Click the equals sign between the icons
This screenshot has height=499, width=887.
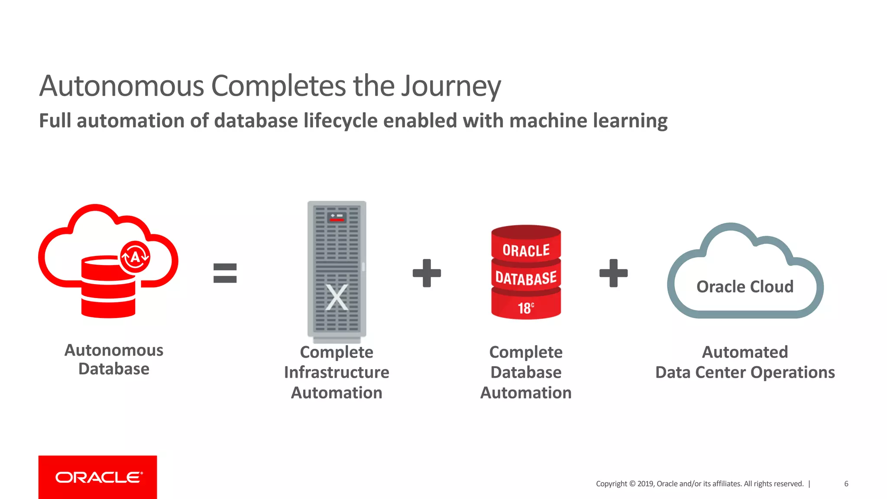click(225, 273)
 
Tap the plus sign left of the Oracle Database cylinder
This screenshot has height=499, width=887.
click(427, 273)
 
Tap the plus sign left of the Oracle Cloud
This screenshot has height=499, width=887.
click(613, 273)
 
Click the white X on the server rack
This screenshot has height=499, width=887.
click(337, 297)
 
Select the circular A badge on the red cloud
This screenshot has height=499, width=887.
click(135, 257)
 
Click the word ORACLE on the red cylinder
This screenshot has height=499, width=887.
click(526, 250)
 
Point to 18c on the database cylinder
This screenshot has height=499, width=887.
click(526, 308)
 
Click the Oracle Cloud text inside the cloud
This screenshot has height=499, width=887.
click(745, 287)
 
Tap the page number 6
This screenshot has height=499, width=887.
click(846, 484)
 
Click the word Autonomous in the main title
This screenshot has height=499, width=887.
click(121, 86)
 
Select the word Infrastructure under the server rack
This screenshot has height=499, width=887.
click(337, 372)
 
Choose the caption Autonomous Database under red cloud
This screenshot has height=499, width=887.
click(114, 359)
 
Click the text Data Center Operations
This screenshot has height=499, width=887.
click(745, 372)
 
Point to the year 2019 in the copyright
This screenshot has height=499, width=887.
click(645, 484)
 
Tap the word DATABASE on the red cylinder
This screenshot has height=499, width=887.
click(526, 278)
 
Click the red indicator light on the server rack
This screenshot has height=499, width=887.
click(337, 220)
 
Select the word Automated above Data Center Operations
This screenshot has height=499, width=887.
click(745, 352)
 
